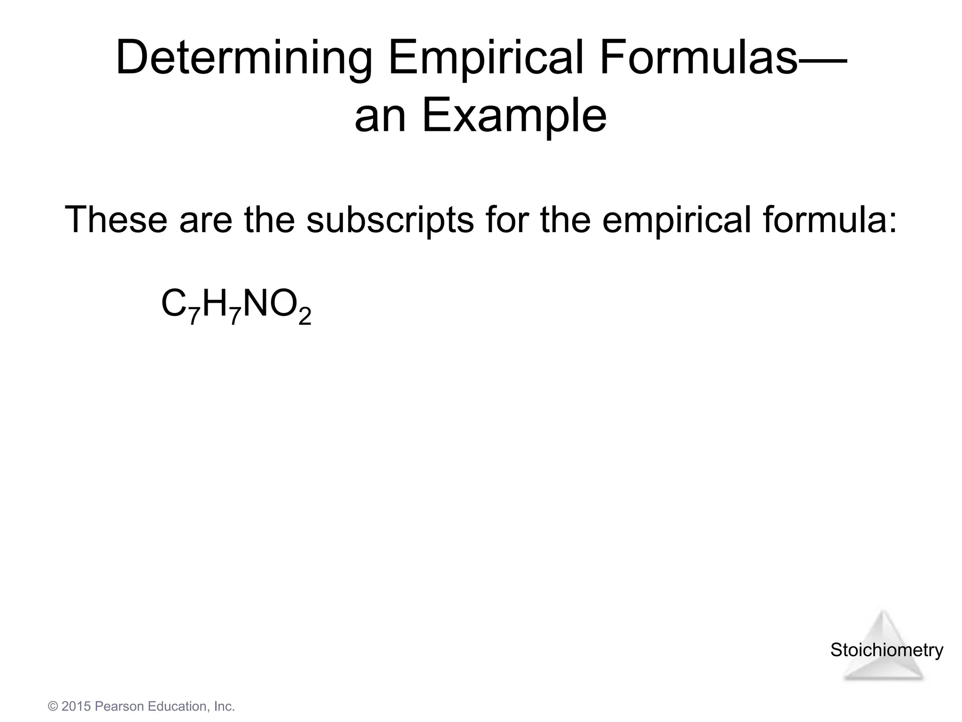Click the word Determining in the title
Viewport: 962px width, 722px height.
coord(244,59)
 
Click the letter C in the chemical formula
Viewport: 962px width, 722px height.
coord(174,304)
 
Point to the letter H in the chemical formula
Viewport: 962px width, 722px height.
coord(216,304)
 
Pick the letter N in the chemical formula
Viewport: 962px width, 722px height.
coord(256,304)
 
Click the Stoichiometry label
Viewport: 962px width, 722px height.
coord(886,650)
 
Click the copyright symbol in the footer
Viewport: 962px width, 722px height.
coord(53,706)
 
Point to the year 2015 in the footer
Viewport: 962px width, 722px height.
coord(76,706)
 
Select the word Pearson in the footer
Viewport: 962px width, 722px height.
coord(119,706)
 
